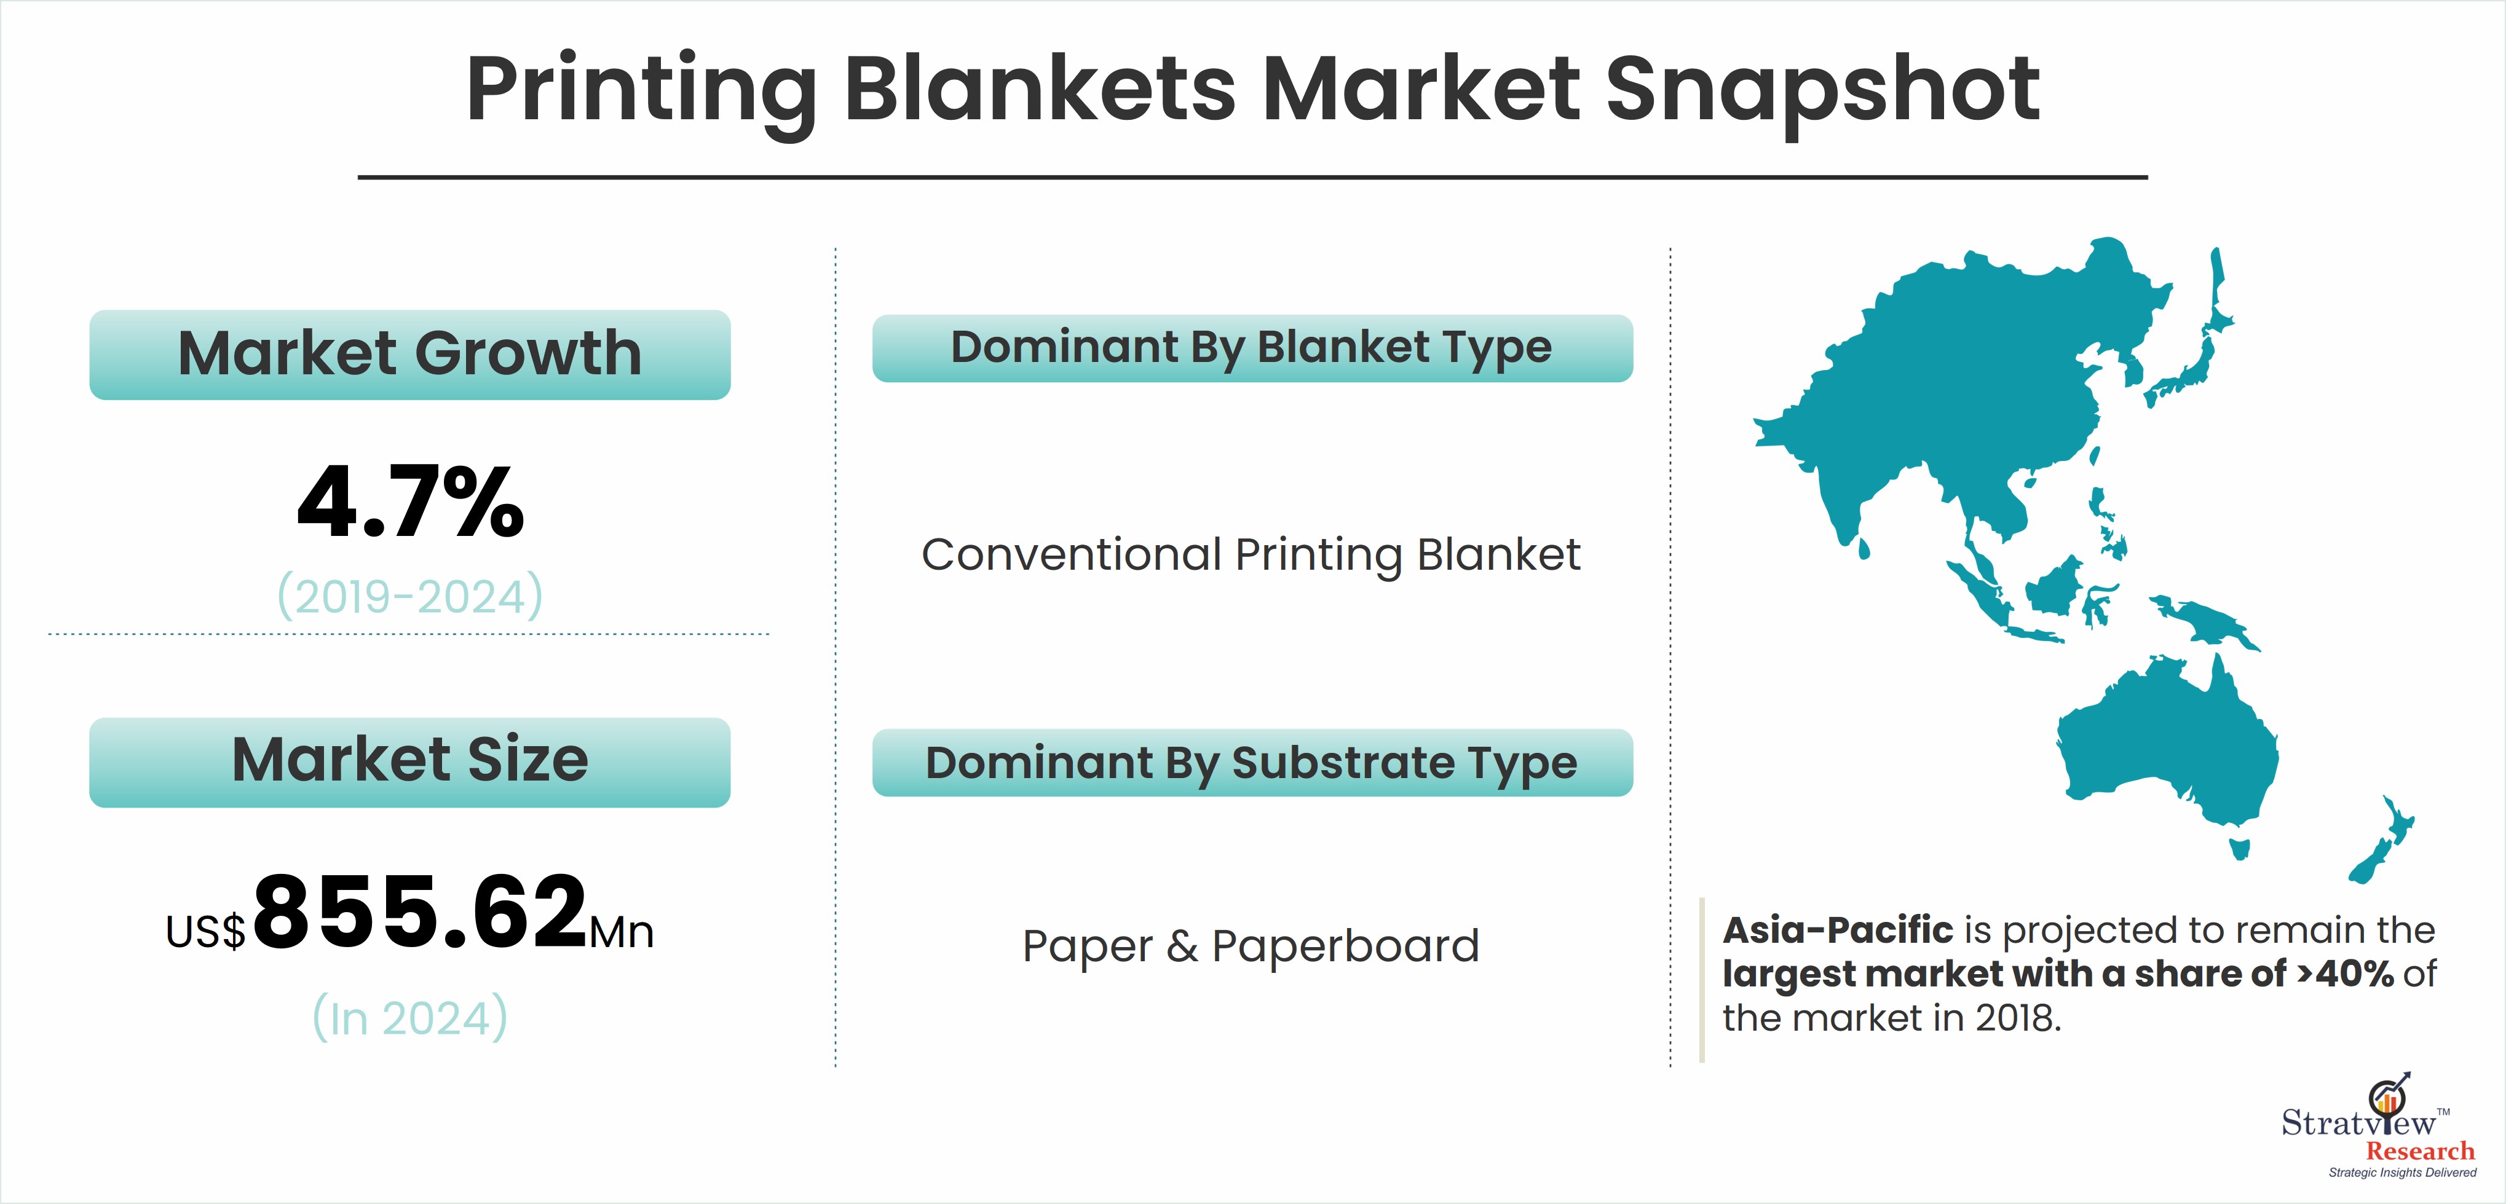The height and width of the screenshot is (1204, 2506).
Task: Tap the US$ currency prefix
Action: [205, 932]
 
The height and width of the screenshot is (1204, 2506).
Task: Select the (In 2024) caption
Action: [409, 1017]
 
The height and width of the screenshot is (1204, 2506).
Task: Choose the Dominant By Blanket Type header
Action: [1252, 348]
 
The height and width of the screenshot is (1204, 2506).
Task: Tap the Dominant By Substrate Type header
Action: [1252, 763]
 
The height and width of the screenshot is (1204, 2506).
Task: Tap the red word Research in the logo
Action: [2419, 1152]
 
